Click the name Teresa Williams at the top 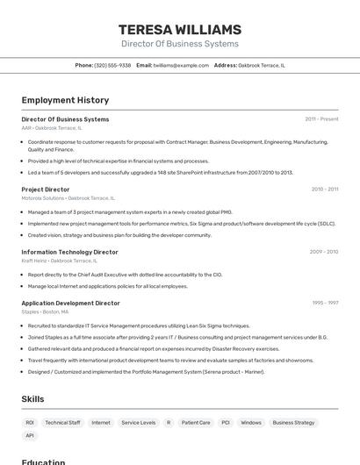coord(180,29)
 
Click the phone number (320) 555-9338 coord(112,65)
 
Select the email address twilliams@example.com coord(181,65)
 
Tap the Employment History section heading coord(65,100)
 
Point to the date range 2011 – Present coord(321,119)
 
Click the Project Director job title coord(46,189)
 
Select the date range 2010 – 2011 coord(324,189)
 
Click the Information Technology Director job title coord(69,252)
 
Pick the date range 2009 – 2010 coord(323,252)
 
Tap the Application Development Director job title coord(70,303)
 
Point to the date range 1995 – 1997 coord(325,303)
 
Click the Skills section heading coord(32,399)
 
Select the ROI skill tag coord(30,423)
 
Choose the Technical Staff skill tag coord(62,423)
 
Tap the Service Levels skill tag coord(139,423)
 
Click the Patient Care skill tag coord(196,423)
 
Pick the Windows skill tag coord(251,423)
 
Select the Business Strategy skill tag coord(293,423)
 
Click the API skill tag coord(30,435)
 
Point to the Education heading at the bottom coord(44,461)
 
